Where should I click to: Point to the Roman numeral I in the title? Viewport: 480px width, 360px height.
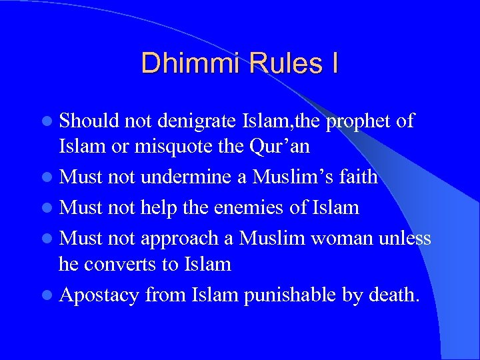tap(334, 63)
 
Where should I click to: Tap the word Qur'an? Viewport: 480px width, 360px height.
tap(281, 145)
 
